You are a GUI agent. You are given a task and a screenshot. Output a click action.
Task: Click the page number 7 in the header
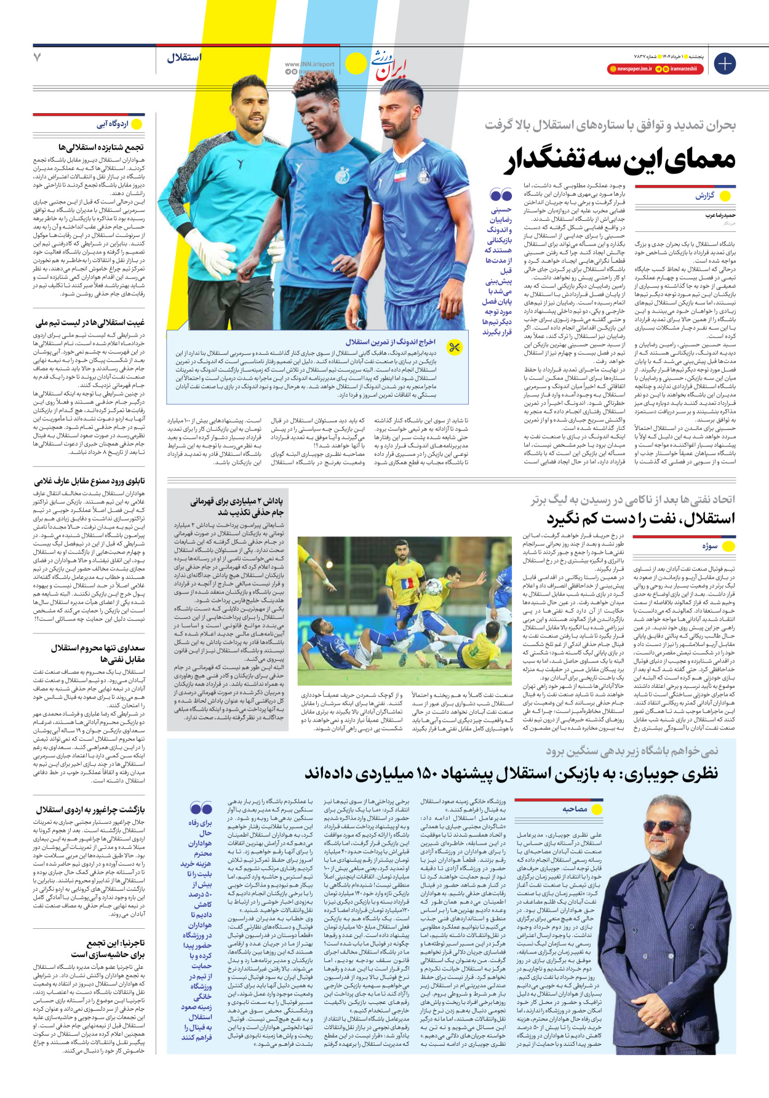pyautogui.click(x=38, y=57)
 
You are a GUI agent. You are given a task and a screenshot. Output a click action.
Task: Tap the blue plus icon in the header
pyautogui.click(x=725, y=63)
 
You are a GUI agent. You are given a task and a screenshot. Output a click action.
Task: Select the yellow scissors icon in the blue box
pyautogui.click(x=455, y=348)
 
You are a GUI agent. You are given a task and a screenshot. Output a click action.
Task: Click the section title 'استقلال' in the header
pyautogui.click(x=184, y=58)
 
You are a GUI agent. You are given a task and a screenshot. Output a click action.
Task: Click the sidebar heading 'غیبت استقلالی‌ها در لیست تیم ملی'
pyautogui.click(x=90, y=322)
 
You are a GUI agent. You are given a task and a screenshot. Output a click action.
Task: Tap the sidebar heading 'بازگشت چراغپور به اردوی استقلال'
pyautogui.click(x=90, y=810)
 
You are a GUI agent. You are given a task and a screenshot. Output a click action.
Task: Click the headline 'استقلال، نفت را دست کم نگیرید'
pyautogui.click(x=640, y=519)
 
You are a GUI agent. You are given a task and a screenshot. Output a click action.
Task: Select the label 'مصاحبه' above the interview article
pyautogui.click(x=575, y=809)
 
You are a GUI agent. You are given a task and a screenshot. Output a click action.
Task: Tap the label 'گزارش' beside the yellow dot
pyautogui.click(x=705, y=196)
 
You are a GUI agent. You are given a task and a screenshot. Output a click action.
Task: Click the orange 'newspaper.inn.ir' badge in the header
pyautogui.click(x=630, y=69)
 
